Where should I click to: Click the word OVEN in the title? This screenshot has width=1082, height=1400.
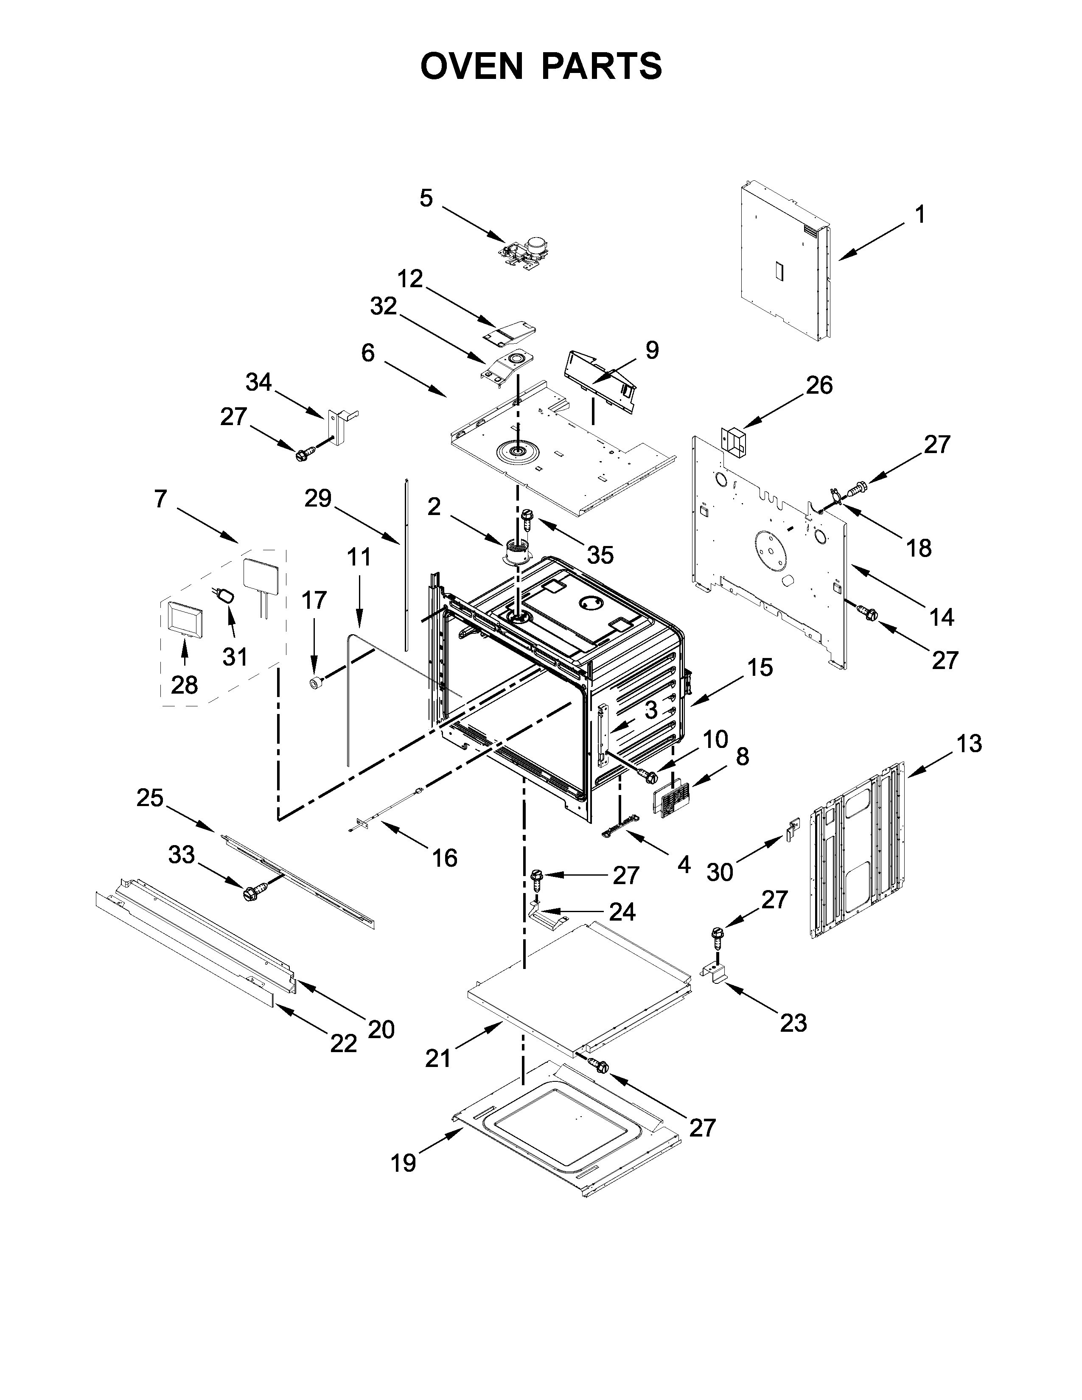(472, 66)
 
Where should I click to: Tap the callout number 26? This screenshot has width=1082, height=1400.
(819, 385)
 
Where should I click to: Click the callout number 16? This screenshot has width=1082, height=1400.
(445, 858)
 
